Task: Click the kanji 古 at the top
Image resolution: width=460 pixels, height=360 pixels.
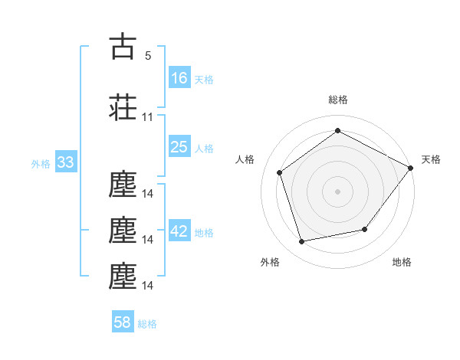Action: (123, 46)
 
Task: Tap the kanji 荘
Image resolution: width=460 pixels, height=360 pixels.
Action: (123, 107)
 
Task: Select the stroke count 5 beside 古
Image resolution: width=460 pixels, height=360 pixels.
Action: (148, 56)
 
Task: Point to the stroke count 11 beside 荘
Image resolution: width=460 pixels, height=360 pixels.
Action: (147, 117)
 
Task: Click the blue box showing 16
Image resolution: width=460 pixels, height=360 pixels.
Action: (179, 77)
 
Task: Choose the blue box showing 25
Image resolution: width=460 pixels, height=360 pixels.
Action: (179, 146)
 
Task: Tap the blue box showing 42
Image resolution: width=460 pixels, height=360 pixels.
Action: (179, 230)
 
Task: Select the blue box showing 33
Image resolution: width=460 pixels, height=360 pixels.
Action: (66, 162)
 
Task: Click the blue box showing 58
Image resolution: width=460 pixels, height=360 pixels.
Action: (123, 321)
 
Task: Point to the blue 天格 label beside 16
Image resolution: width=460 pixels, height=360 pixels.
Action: (204, 80)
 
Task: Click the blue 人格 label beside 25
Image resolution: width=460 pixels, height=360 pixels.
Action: (204, 149)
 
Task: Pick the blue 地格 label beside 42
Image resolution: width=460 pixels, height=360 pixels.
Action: (204, 233)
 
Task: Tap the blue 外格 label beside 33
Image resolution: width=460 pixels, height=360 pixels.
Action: (41, 164)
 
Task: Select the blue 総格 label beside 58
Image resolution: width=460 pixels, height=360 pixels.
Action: (147, 324)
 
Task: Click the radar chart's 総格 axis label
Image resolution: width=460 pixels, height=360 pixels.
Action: (338, 100)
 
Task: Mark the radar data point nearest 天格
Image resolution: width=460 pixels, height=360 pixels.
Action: (410, 168)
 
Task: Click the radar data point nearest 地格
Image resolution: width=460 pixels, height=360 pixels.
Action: (365, 229)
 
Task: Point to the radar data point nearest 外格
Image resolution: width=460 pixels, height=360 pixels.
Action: (301, 241)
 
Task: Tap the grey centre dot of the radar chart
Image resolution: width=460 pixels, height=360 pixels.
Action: (337, 191)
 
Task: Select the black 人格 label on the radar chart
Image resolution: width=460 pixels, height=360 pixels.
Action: (245, 159)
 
